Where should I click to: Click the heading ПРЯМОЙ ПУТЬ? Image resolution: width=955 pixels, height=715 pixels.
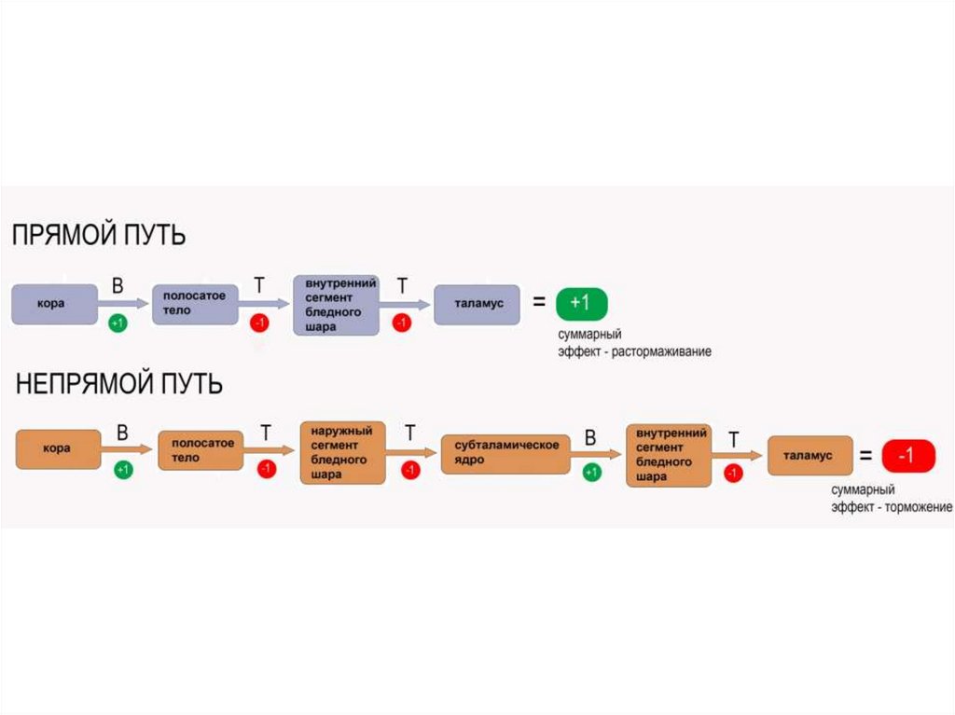tap(98, 235)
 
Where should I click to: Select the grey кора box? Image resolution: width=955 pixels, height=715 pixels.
tap(54, 304)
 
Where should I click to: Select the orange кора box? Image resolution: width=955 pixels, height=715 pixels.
tap(58, 448)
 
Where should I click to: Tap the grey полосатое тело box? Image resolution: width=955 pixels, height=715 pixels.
tap(195, 304)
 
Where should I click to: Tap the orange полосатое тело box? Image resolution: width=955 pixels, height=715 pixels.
tap(201, 453)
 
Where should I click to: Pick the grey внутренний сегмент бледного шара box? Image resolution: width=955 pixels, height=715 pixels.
tap(336, 305)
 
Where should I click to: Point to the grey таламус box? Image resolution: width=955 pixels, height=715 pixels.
tap(477, 304)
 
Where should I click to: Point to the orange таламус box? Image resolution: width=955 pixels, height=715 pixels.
tap(810, 456)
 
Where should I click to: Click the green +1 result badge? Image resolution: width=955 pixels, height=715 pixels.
tap(581, 304)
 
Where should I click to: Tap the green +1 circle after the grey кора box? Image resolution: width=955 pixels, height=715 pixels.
tap(118, 323)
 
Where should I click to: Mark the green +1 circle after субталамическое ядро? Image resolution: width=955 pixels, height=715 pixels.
tap(591, 473)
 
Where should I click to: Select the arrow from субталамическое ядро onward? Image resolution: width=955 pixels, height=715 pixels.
tap(596, 453)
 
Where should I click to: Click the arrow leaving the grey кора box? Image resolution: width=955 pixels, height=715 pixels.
tap(124, 304)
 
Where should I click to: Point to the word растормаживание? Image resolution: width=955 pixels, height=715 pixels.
tap(661, 352)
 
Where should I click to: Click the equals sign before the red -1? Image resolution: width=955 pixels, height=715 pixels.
tap(866, 457)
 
